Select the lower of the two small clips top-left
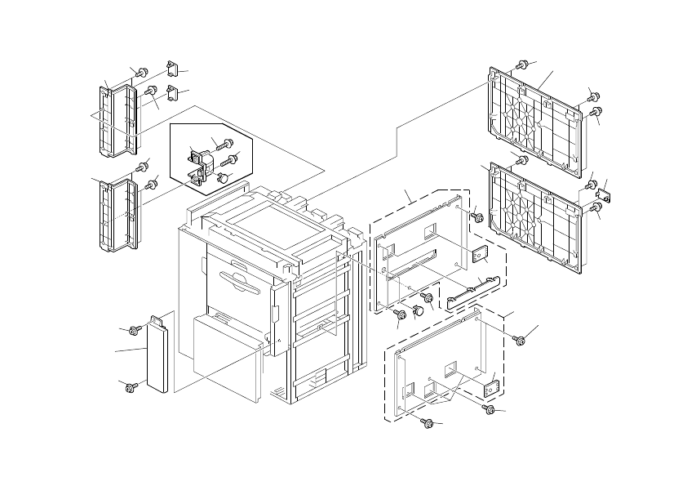point(171,91)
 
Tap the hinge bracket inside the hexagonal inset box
point(198,163)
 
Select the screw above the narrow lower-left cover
point(136,329)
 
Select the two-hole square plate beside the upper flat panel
point(481,256)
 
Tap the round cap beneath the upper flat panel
point(418,310)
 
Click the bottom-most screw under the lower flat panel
point(427,422)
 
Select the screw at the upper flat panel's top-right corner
point(478,218)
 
